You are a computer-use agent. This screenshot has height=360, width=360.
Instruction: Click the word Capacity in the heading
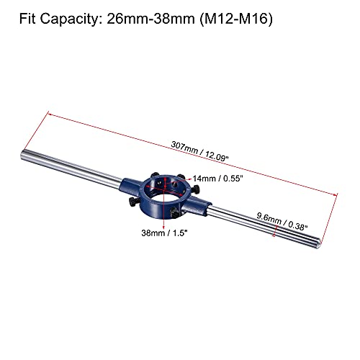70,19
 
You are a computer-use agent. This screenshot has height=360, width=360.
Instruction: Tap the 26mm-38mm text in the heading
150,19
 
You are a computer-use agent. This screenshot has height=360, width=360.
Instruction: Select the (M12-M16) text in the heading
236,19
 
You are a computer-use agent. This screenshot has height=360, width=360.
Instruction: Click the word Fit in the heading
27,19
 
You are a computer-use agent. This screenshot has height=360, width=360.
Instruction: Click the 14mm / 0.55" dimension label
218,179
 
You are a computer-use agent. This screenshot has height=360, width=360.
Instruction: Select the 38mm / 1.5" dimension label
164,233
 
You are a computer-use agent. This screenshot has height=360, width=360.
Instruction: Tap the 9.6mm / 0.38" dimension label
282,222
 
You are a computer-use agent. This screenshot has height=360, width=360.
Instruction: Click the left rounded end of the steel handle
23,155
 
